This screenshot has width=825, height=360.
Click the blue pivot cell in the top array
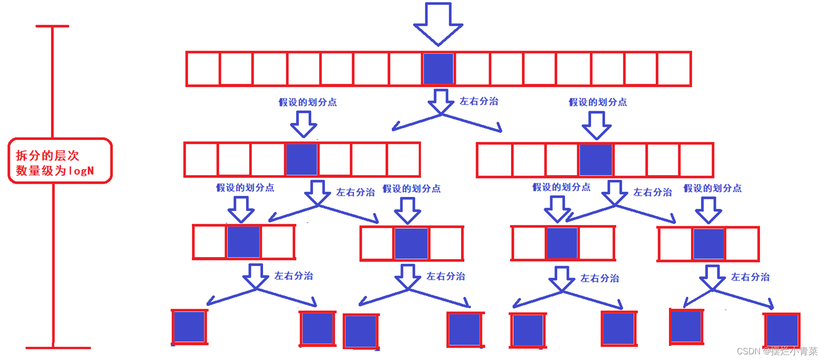(x=438, y=69)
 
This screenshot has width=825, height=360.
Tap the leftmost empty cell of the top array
(x=203, y=69)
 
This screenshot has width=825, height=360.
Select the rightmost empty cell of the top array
(x=674, y=69)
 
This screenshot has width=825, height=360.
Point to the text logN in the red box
(x=81, y=171)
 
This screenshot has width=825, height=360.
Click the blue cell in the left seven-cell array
(x=302, y=159)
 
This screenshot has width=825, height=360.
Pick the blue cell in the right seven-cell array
(x=596, y=160)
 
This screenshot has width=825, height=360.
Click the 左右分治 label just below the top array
(x=479, y=101)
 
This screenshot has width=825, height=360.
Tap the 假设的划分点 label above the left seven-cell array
(x=308, y=102)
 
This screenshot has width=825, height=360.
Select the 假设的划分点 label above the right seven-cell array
(x=598, y=102)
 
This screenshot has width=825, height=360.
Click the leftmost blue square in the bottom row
(x=189, y=327)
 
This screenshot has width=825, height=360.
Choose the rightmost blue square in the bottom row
(x=782, y=330)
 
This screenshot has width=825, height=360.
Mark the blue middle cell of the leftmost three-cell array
(x=244, y=242)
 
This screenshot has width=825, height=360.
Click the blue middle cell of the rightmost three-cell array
(x=709, y=244)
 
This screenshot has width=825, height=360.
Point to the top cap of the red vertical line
(x=52, y=26)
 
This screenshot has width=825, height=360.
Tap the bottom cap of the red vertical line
(x=58, y=348)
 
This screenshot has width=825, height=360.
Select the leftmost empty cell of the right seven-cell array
(x=495, y=160)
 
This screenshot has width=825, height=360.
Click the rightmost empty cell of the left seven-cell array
(x=403, y=159)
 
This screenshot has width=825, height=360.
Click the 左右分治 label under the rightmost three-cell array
(x=751, y=277)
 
